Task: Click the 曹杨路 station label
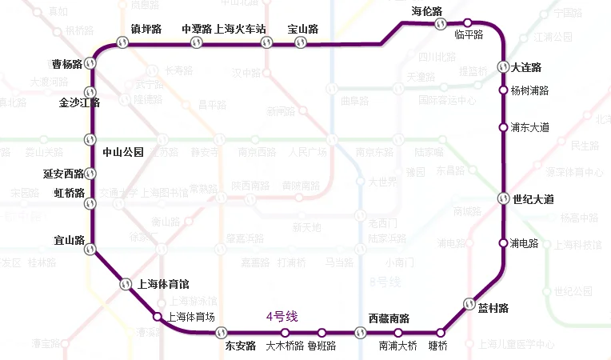pos(67,64)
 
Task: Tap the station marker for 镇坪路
pos(122,43)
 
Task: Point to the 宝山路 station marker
pos(301,43)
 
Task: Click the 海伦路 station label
pos(427,10)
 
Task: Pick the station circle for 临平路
pos(468,23)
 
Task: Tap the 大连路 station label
pos(526,67)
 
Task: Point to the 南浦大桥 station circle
pos(397,332)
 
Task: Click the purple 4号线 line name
pos(282,317)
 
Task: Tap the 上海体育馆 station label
pos(163,283)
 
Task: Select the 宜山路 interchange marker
pos(91,249)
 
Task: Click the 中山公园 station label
pos(122,152)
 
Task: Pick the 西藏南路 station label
pos(389,318)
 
